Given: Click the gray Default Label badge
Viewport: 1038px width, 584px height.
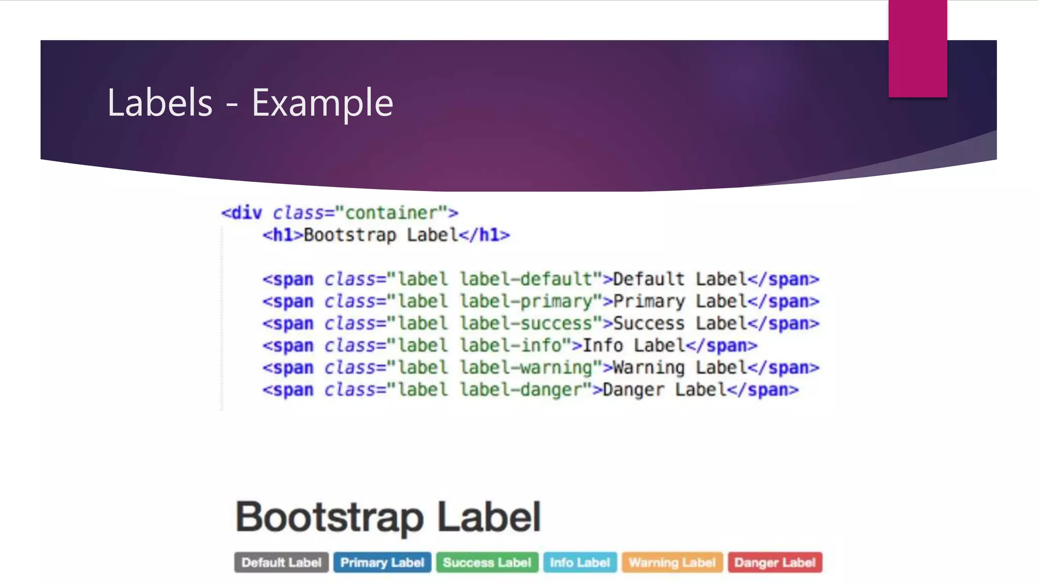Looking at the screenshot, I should tap(281, 562).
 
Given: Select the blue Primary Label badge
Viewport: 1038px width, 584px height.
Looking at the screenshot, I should tap(382, 562).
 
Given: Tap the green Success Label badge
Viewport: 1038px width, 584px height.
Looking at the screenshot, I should tap(487, 562).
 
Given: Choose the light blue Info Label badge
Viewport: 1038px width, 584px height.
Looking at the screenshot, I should tap(580, 562).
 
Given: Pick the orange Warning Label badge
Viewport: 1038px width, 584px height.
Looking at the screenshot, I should tap(672, 562).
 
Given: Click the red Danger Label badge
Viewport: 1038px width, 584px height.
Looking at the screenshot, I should tap(775, 562).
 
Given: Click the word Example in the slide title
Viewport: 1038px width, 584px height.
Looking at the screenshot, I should tap(322, 103).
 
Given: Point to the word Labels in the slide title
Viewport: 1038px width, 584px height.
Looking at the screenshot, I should tap(160, 103).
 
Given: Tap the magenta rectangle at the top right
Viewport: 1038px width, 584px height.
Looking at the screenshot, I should tap(917, 48).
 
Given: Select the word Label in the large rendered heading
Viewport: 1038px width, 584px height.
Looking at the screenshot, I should tap(489, 517).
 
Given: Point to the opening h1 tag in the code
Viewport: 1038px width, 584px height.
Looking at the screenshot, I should tap(282, 235).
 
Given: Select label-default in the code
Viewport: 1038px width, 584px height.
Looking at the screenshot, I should tap(526, 279).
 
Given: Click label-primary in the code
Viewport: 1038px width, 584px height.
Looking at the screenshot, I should tap(526, 302).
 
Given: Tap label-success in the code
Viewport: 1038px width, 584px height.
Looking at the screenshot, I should tap(526, 323).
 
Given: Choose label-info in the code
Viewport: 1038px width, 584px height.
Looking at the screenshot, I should tap(511, 346).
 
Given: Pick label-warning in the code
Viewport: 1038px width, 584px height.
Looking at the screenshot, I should tap(526, 368).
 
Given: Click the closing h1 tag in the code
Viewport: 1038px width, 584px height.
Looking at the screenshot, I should tap(484, 235).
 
